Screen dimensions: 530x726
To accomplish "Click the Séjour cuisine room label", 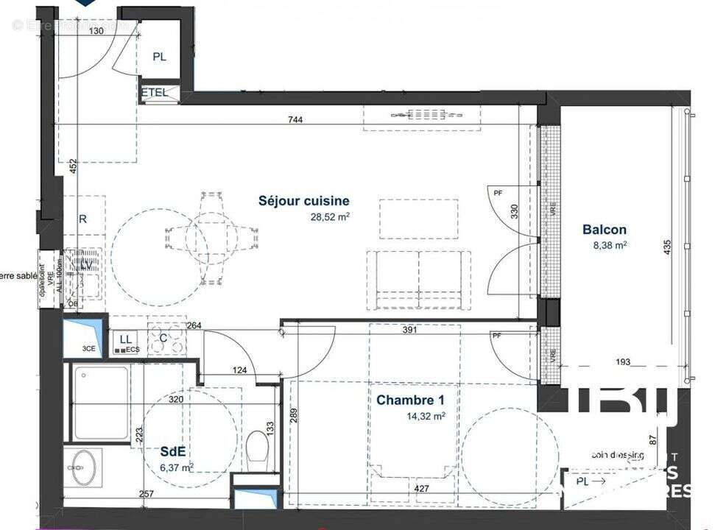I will (x=303, y=200).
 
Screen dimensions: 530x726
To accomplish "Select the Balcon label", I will (x=605, y=230).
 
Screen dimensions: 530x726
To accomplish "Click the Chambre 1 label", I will (x=410, y=400).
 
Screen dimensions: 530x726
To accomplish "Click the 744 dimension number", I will (x=296, y=120).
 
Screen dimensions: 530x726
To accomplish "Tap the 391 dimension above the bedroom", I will (x=410, y=331).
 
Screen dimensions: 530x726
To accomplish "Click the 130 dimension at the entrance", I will (x=96, y=32).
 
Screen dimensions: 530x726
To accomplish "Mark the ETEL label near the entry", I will (x=155, y=93).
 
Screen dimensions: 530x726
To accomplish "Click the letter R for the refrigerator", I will (x=82, y=219).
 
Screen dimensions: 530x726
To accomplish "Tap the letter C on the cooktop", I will (x=163, y=338).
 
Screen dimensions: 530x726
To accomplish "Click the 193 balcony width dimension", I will (x=623, y=361).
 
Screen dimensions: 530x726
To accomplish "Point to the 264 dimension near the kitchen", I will (x=194, y=325).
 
